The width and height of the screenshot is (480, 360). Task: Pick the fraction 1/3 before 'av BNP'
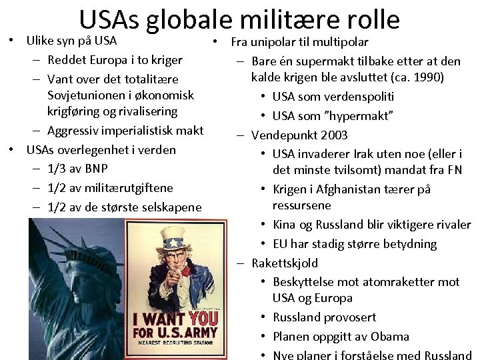coord(58,169)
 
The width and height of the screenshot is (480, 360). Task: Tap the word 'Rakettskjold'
coord(285,263)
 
